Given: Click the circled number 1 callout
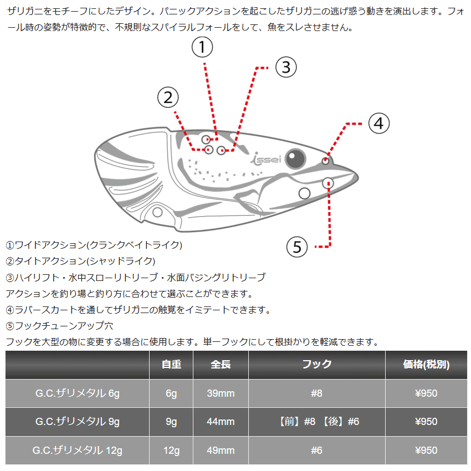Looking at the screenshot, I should pyautogui.click(x=202, y=48).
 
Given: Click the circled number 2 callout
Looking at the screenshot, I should pyautogui.click(x=168, y=98).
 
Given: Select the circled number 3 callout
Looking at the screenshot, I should pyautogui.click(x=286, y=68).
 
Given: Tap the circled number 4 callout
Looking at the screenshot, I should pyautogui.click(x=379, y=123).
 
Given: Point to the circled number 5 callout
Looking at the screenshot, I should pyautogui.click(x=297, y=246).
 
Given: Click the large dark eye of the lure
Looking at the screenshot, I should pyautogui.click(x=295, y=158).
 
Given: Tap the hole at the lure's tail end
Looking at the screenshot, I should pyautogui.click(x=157, y=212).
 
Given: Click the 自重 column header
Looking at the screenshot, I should pyautogui.click(x=171, y=364).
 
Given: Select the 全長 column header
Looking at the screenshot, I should pyautogui.click(x=221, y=364).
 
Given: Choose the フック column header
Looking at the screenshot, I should pyautogui.click(x=317, y=364).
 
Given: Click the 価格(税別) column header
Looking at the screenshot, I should pyautogui.click(x=426, y=364).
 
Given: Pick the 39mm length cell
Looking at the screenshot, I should pyautogui.click(x=221, y=393).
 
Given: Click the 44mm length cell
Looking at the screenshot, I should pyautogui.click(x=221, y=422).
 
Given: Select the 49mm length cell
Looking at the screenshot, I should pyautogui.click(x=221, y=450).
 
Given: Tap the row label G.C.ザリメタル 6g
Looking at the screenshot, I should pyautogui.click(x=78, y=393).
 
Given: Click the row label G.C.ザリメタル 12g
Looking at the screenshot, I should pyautogui.click(x=78, y=450).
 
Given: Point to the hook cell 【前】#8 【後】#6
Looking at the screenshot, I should pyautogui.click(x=317, y=422).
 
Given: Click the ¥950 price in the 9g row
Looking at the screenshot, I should pyautogui.click(x=426, y=422).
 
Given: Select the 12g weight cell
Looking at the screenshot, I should pyautogui.click(x=171, y=450).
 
